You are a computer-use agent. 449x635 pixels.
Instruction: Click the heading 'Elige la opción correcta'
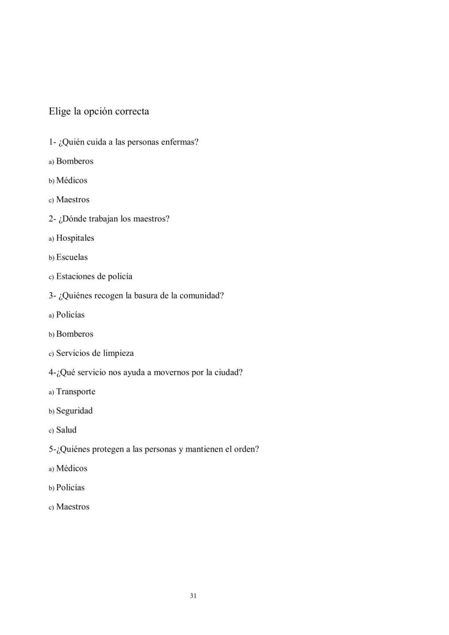99,111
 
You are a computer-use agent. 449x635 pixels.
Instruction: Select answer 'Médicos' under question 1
71,180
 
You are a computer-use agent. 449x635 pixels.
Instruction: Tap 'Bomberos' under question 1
75,161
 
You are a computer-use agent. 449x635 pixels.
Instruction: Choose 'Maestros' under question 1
72,200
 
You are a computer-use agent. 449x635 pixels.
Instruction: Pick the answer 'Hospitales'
75,238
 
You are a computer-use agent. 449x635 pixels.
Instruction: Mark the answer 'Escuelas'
72,257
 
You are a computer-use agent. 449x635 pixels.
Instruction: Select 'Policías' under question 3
70,315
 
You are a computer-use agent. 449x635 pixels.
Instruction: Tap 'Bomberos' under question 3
75,334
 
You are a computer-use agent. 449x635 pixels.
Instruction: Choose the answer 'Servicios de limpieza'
95,353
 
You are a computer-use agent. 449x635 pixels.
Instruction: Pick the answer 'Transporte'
75,392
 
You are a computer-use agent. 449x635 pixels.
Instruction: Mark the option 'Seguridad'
74,411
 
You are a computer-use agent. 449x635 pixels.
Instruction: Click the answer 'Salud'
66,430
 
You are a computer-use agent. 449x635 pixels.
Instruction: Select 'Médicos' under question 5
71,468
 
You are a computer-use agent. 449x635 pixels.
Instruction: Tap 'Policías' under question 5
70,488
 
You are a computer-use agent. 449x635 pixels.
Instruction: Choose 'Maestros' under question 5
72,507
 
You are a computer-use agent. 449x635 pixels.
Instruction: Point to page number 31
193,596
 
